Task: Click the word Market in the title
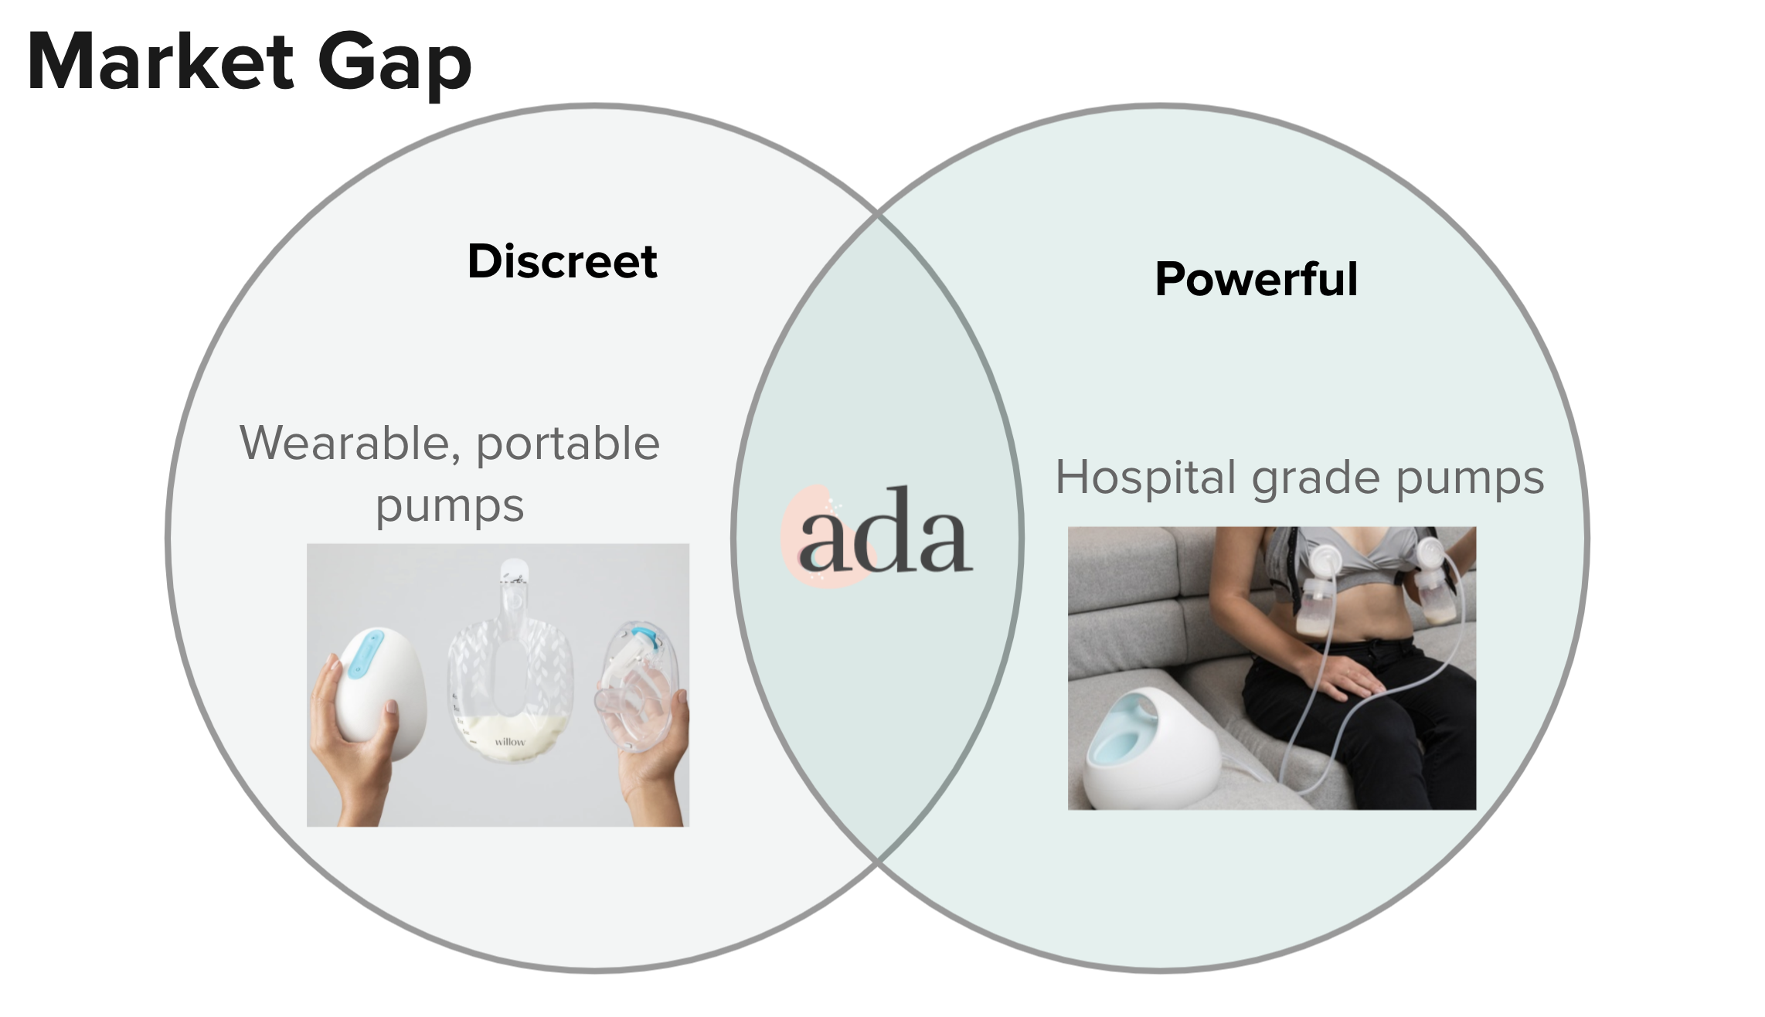pyautogui.click(x=161, y=62)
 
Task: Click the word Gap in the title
pyautogui.click(x=395, y=66)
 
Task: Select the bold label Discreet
pyautogui.click(x=563, y=261)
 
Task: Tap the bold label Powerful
pyautogui.click(x=1257, y=279)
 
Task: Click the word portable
pyautogui.click(x=568, y=445)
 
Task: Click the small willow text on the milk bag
pyautogui.click(x=510, y=742)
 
